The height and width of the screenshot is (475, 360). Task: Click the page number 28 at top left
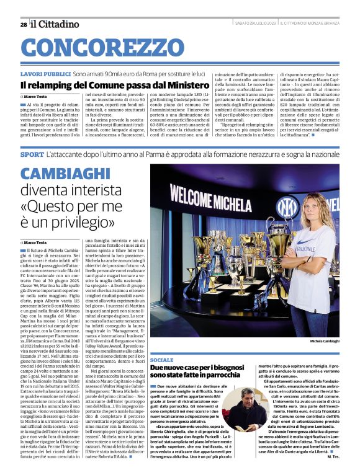click(23, 24)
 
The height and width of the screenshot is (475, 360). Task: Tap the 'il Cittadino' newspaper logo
click(56, 24)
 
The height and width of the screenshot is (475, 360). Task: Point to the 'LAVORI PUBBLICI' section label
click(45, 73)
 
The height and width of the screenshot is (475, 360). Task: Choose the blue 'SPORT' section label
click(32, 153)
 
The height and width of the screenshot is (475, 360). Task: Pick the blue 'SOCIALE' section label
click(162, 360)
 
